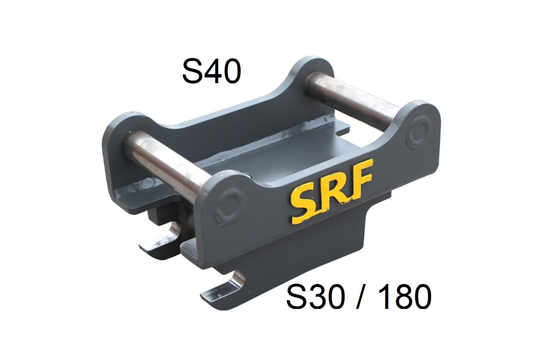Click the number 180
coord(402,296)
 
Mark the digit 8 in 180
coord(401,296)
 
